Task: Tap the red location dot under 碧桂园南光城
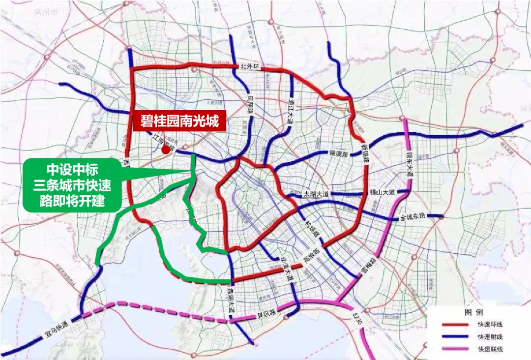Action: click(x=166, y=150)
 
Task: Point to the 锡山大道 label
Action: click(x=383, y=192)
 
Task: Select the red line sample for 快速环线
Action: click(x=457, y=325)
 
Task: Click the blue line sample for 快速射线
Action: click(x=457, y=337)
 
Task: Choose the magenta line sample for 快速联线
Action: click(x=457, y=349)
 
